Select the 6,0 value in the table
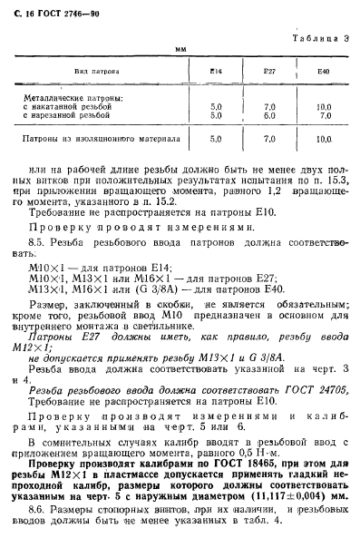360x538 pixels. [x=269, y=116]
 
